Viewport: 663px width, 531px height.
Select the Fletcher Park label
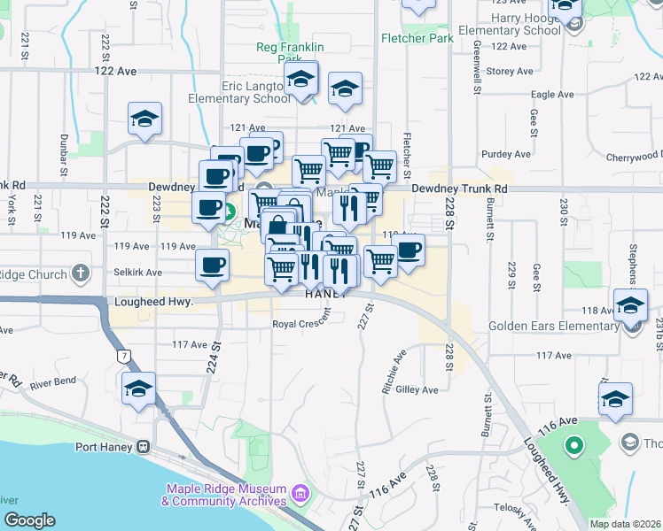(x=417, y=38)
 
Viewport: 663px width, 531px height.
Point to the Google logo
(x=28, y=519)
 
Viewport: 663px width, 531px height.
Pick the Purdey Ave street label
(x=504, y=154)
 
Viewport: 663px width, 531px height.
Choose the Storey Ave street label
(x=511, y=71)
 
